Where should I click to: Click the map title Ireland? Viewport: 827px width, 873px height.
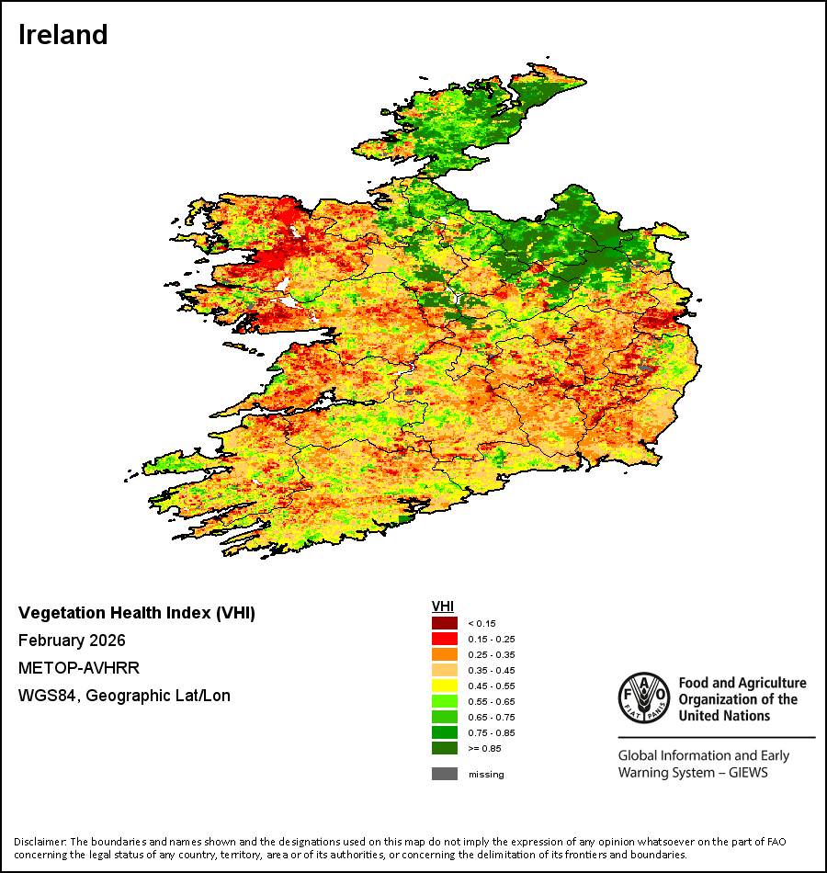click(62, 35)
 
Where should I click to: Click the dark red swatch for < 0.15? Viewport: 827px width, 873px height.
click(445, 623)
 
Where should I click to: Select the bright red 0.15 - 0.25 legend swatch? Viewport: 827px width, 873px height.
click(445, 639)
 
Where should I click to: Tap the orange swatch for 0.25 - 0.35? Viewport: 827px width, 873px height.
click(445, 654)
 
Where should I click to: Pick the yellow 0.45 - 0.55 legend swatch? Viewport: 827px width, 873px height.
click(445, 686)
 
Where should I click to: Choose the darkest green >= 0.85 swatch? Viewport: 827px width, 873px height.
click(445, 748)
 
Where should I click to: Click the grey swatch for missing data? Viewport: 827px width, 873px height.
click(445, 774)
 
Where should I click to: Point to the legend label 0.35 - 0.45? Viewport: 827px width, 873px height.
click(492, 670)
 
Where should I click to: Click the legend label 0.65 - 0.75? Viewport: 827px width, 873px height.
click(492, 717)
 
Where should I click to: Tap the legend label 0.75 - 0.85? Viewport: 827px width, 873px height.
click(492, 732)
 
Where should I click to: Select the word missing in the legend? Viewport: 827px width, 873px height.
click(486, 775)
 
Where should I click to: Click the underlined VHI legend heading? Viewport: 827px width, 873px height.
click(443, 607)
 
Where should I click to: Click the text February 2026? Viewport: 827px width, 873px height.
click(72, 641)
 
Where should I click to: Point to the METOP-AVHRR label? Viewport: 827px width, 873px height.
click(79, 668)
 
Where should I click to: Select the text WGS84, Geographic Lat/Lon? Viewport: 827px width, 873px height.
click(124, 696)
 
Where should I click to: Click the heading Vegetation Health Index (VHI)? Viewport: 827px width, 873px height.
click(137, 613)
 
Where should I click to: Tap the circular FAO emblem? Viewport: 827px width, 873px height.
click(644, 697)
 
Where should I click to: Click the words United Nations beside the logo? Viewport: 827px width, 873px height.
click(724, 716)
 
